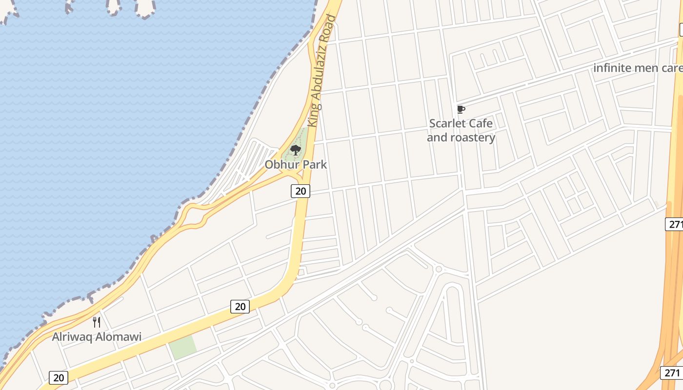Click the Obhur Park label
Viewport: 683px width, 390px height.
pyautogui.click(x=296, y=164)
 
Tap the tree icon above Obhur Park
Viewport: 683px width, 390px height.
pyautogui.click(x=295, y=150)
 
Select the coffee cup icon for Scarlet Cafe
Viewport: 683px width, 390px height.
pyautogui.click(x=461, y=109)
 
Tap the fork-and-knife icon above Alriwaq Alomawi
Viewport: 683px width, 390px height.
pyautogui.click(x=97, y=322)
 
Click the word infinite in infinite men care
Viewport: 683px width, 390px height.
pyautogui.click(x=612, y=68)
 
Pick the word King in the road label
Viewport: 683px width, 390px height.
pyautogui.click(x=314, y=117)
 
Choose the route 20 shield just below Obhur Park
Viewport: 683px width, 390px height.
pyautogui.click(x=301, y=191)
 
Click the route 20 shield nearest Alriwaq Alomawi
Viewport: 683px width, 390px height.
pyautogui.click(x=58, y=377)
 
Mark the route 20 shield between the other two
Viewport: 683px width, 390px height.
pyautogui.click(x=240, y=306)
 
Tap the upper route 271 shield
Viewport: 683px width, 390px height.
pyautogui.click(x=675, y=224)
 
